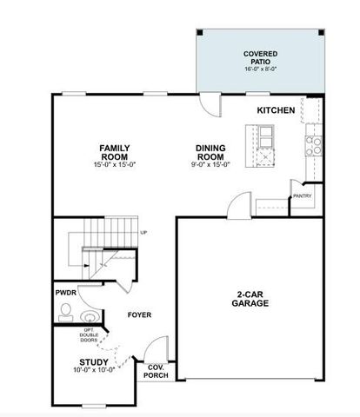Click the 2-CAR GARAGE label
pyautogui.click(x=250, y=298)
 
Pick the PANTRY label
pyautogui.click(x=302, y=196)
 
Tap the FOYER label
pyautogui.click(x=140, y=315)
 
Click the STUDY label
pyautogui.click(x=94, y=362)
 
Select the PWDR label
pyautogui.click(x=67, y=293)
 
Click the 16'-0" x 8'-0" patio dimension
pyautogui.click(x=260, y=64)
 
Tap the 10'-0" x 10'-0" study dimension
pyautogui.click(x=94, y=372)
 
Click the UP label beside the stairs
pyautogui.click(x=143, y=233)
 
